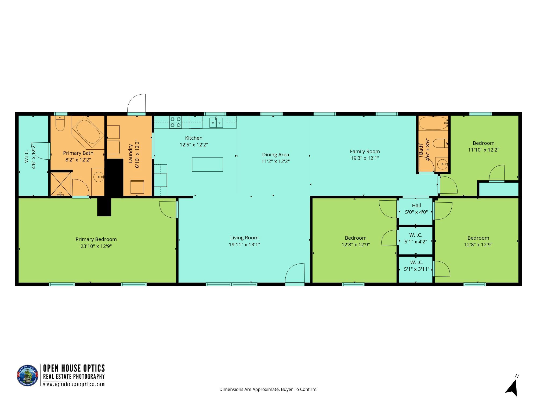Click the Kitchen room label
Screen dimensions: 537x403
tap(194, 138)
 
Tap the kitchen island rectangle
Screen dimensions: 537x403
tap(207, 164)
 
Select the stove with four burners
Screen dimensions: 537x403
tap(176, 122)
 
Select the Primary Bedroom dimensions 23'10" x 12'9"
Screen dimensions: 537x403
tap(96, 246)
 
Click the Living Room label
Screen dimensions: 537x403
tap(244, 238)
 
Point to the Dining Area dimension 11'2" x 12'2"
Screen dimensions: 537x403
tap(275, 161)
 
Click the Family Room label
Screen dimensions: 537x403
tap(365, 152)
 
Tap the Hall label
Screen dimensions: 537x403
tap(416, 206)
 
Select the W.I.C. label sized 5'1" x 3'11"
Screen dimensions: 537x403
tap(417, 266)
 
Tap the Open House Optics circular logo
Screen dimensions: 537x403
tap(28, 376)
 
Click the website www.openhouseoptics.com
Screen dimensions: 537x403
tap(74, 384)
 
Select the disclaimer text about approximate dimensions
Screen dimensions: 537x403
tap(268, 389)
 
